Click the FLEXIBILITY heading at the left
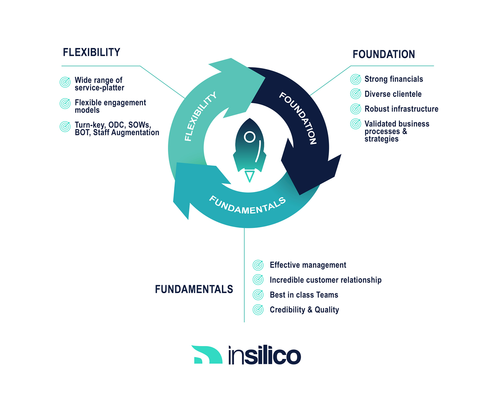91,53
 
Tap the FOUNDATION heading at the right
384,55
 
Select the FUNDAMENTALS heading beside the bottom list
194,289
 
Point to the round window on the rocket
249,137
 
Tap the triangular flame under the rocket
249,176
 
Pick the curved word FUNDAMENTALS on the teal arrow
247,205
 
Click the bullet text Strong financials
393,79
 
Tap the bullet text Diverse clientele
393,94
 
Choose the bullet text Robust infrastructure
401,109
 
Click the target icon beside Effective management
258,265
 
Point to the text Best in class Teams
304,295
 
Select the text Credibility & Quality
304,310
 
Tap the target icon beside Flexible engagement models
65,104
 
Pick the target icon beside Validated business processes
356,124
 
